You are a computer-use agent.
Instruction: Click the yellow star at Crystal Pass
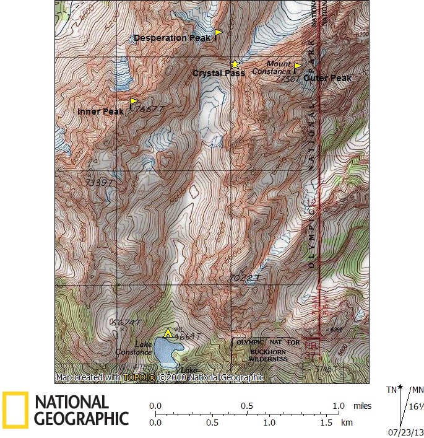tap(235, 64)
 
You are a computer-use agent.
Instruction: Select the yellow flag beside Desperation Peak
tap(218, 32)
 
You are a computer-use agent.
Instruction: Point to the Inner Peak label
tap(101, 112)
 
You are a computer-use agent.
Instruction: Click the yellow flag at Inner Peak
tap(133, 101)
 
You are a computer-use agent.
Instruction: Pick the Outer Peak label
tap(327, 79)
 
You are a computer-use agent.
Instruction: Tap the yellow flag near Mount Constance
tap(297, 66)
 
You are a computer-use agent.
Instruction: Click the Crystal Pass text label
tap(218, 73)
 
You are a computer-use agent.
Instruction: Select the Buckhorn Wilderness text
tap(269, 359)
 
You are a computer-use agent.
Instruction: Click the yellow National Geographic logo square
tap(15, 410)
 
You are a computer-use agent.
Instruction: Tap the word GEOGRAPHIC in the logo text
tap(81, 419)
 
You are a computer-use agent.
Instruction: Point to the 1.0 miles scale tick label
tap(339, 405)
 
